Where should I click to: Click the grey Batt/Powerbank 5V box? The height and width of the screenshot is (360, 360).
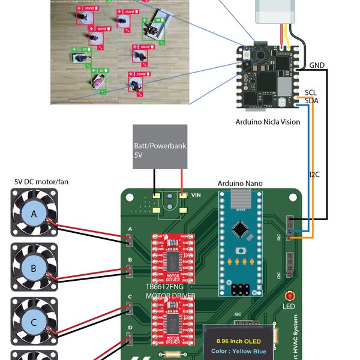[160, 146]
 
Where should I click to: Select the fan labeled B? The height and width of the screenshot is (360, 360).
[34, 268]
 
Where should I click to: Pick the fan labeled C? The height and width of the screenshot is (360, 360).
[34, 322]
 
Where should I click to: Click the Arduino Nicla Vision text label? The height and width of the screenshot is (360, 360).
[268, 122]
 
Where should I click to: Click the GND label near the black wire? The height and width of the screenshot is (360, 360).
[317, 65]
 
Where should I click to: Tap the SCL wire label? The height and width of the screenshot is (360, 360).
[311, 92]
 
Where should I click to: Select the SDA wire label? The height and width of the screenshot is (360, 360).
[311, 101]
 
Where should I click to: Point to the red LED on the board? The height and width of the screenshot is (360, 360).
[290, 296]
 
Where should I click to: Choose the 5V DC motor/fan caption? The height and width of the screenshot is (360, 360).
[36, 181]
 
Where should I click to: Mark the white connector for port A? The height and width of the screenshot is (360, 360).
[130, 240]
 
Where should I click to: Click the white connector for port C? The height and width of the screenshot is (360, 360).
[130, 308]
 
